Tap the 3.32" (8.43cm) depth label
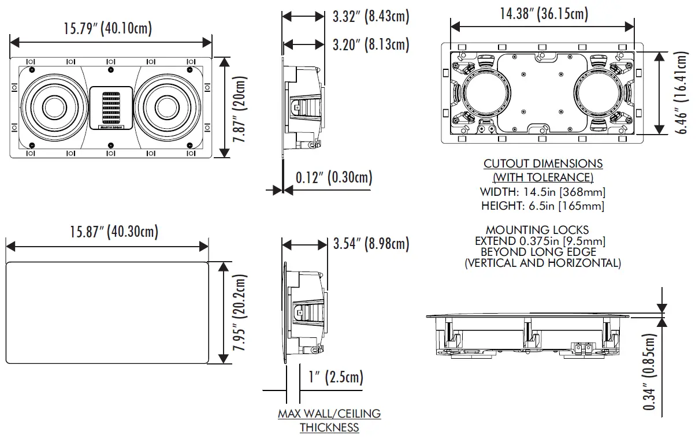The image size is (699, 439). (x=371, y=17)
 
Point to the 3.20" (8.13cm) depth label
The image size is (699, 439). (x=371, y=44)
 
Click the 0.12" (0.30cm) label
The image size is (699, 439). (x=334, y=177)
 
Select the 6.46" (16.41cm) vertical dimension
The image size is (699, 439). (x=683, y=92)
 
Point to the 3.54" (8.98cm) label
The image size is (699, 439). (x=371, y=244)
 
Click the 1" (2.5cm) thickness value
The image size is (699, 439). (x=336, y=378)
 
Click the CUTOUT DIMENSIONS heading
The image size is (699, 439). (x=543, y=164)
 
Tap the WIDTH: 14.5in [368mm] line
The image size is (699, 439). (x=543, y=192)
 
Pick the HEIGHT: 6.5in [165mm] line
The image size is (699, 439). (x=543, y=206)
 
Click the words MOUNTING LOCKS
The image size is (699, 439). (x=537, y=230)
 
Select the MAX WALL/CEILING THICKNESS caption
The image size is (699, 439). (x=329, y=421)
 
